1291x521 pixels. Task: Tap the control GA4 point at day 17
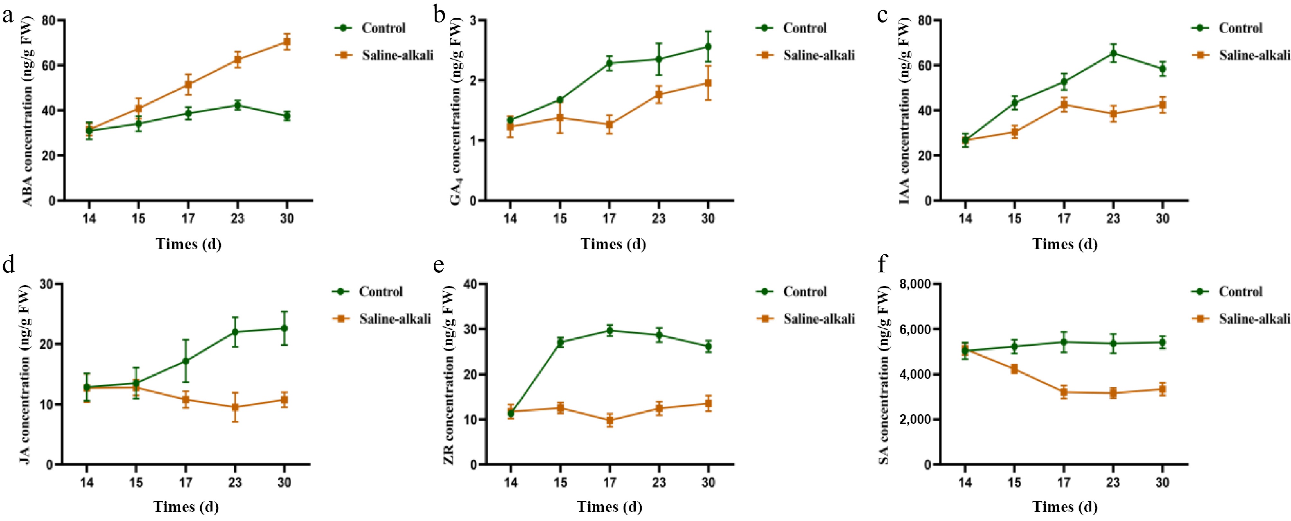click(609, 63)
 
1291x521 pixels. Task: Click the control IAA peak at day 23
click(1113, 53)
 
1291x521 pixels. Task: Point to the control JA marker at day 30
click(284, 328)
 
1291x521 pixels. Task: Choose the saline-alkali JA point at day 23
click(235, 407)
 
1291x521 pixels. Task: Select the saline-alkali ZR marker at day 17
click(609, 420)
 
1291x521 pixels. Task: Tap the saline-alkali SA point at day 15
click(1014, 369)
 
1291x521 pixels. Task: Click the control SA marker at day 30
click(1162, 343)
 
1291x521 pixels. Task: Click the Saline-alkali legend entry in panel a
click(397, 55)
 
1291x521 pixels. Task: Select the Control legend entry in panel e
click(804, 291)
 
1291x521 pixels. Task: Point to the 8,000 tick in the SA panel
click(915, 284)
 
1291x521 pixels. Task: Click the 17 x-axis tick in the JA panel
click(185, 482)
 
